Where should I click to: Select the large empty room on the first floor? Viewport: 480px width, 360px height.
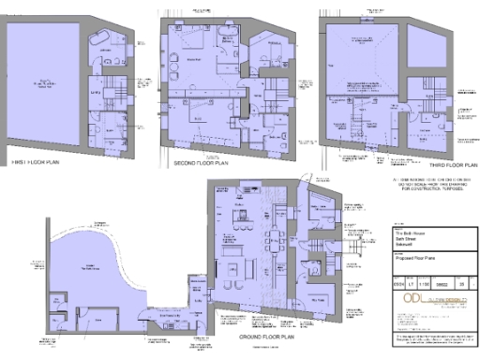point(43,84)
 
